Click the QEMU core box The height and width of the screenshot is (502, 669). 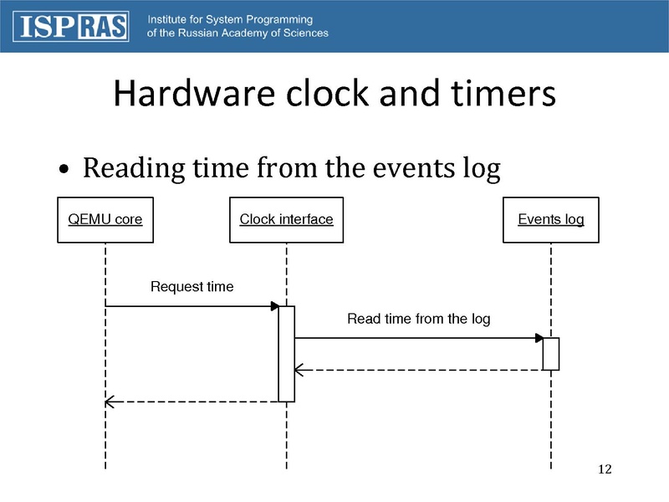pyautogui.click(x=105, y=220)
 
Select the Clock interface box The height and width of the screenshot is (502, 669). pyautogui.click(x=286, y=220)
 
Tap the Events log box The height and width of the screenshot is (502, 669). pyautogui.click(x=551, y=220)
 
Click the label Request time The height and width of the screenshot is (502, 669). pyautogui.click(x=192, y=287)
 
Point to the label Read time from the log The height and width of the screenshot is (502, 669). pyautogui.click(x=418, y=319)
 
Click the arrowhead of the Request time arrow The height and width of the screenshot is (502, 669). pyautogui.click(x=274, y=306)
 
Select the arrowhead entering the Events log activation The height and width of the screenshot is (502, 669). pyautogui.click(x=539, y=338)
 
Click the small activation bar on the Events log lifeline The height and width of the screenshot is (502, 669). pyautogui.click(x=551, y=353)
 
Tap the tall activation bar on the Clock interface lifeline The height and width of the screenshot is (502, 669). pyautogui.click(x=287, y=354)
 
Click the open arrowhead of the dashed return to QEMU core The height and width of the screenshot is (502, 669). pyautogui.click(x=110, y=402)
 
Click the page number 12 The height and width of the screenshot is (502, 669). pyautogui.click(x=605, y=469)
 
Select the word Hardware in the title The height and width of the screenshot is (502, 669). pyautogui.click(x=190, y=95)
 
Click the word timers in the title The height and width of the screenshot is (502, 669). pyautogui.click(x=503, y=95)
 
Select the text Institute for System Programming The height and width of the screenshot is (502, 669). pyautogui.click(x=230, y=19)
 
